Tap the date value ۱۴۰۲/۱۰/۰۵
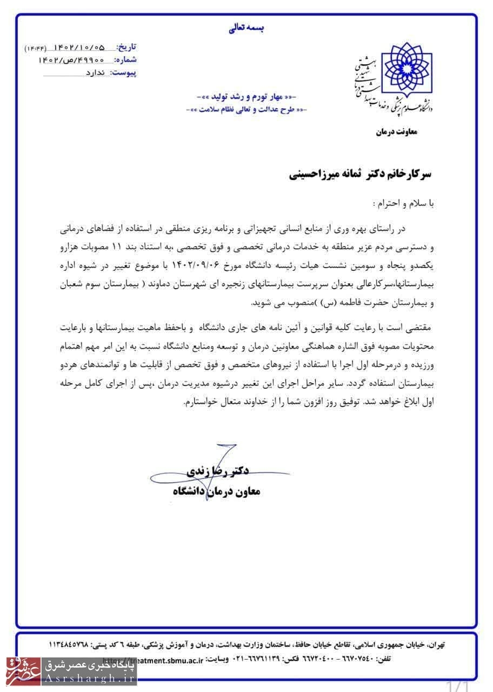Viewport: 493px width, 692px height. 79,48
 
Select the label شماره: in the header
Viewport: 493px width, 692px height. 126,59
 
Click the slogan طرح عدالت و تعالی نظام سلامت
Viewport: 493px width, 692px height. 247,109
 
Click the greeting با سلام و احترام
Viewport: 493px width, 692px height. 404,204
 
